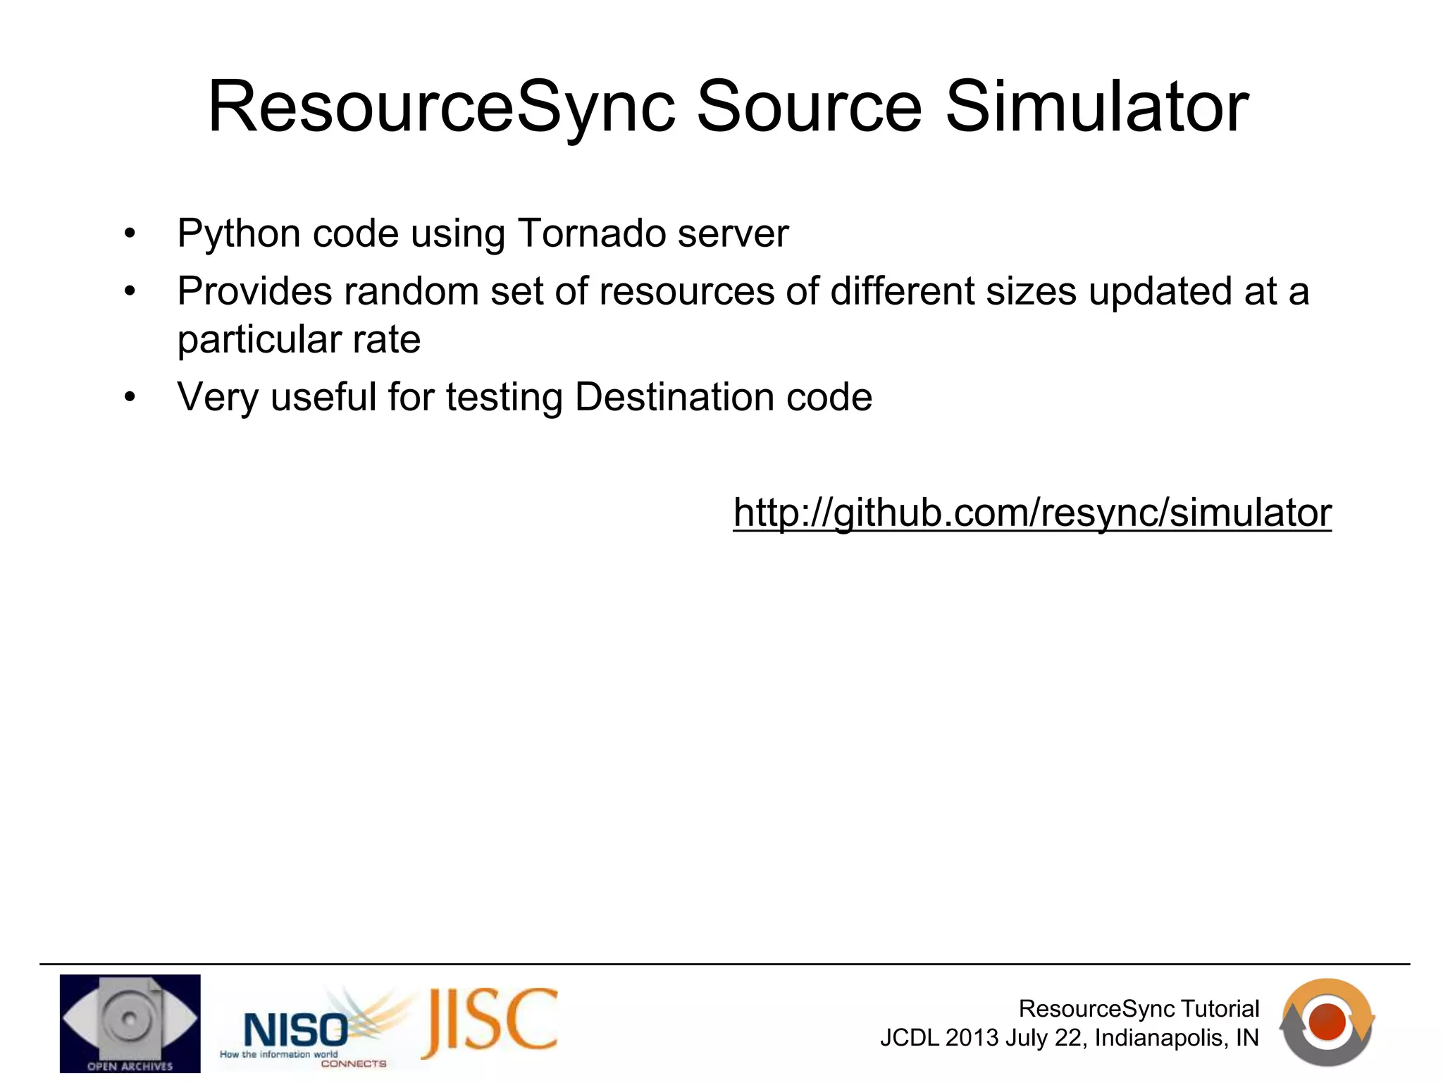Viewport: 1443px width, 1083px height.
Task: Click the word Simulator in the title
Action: click(1096, 107)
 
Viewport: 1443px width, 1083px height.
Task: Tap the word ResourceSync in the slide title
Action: click(441, 107)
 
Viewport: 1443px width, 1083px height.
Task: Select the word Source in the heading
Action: click(809, 107)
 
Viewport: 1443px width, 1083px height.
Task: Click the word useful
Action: click(323, 397)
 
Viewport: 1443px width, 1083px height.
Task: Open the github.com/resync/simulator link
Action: click(1032, 513)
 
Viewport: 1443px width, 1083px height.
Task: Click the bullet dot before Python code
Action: click(130, 234)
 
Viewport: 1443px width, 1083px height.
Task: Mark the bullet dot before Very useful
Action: click(130, 398)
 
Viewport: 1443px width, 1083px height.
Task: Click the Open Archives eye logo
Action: click(130, 1023)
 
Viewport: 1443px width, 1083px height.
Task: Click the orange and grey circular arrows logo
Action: click(1327, 1022)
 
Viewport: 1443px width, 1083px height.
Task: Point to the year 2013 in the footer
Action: click(972, 1039)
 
